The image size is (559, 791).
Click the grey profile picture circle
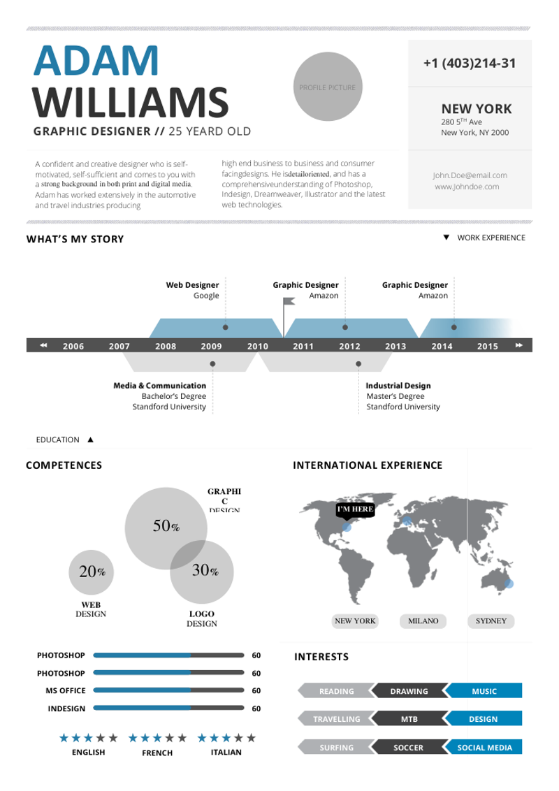327,87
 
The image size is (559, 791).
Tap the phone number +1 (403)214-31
470,64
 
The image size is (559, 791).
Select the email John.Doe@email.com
470,175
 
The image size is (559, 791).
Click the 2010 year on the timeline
258,346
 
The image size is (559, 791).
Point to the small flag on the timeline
288,303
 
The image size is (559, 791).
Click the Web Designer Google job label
193,290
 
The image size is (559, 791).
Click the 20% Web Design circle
92,572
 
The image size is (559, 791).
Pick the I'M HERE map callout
355,510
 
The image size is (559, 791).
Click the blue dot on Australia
508,583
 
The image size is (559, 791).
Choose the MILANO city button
423,621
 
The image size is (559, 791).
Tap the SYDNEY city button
491,621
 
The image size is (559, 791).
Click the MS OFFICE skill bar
168,690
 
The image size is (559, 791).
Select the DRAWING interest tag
409,691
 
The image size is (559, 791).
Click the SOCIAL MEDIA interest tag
484,748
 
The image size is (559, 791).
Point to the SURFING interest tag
336,748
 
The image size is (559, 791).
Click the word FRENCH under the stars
158,753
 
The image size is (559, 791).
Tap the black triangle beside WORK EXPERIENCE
447,238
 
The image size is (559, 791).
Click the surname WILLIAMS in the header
131,103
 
